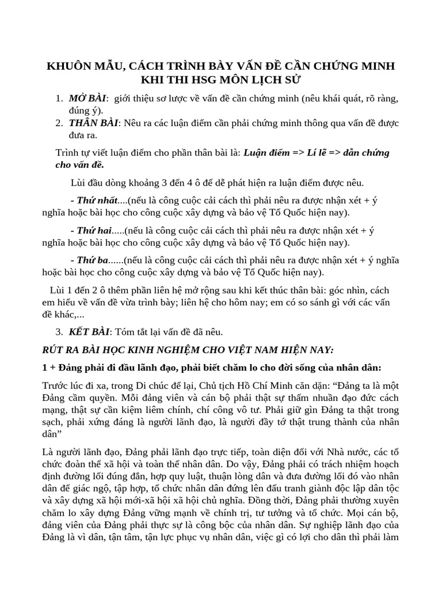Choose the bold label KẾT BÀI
coord(89,332)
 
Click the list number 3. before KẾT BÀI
coord(59,332)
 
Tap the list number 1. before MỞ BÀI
coord(59,99)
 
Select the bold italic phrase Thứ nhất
coord(97,200)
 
